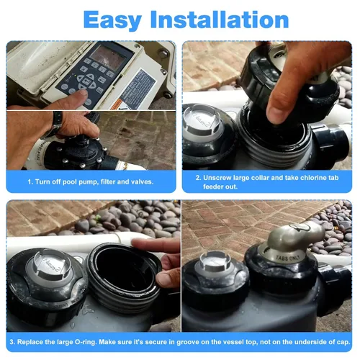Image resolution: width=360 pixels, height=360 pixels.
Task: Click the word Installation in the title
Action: (220, 19)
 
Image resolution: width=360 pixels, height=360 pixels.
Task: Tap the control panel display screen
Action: (111, 56)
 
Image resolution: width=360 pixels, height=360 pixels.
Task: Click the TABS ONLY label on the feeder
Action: (288, 258)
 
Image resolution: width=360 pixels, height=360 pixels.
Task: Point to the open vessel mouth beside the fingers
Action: (122, 266)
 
